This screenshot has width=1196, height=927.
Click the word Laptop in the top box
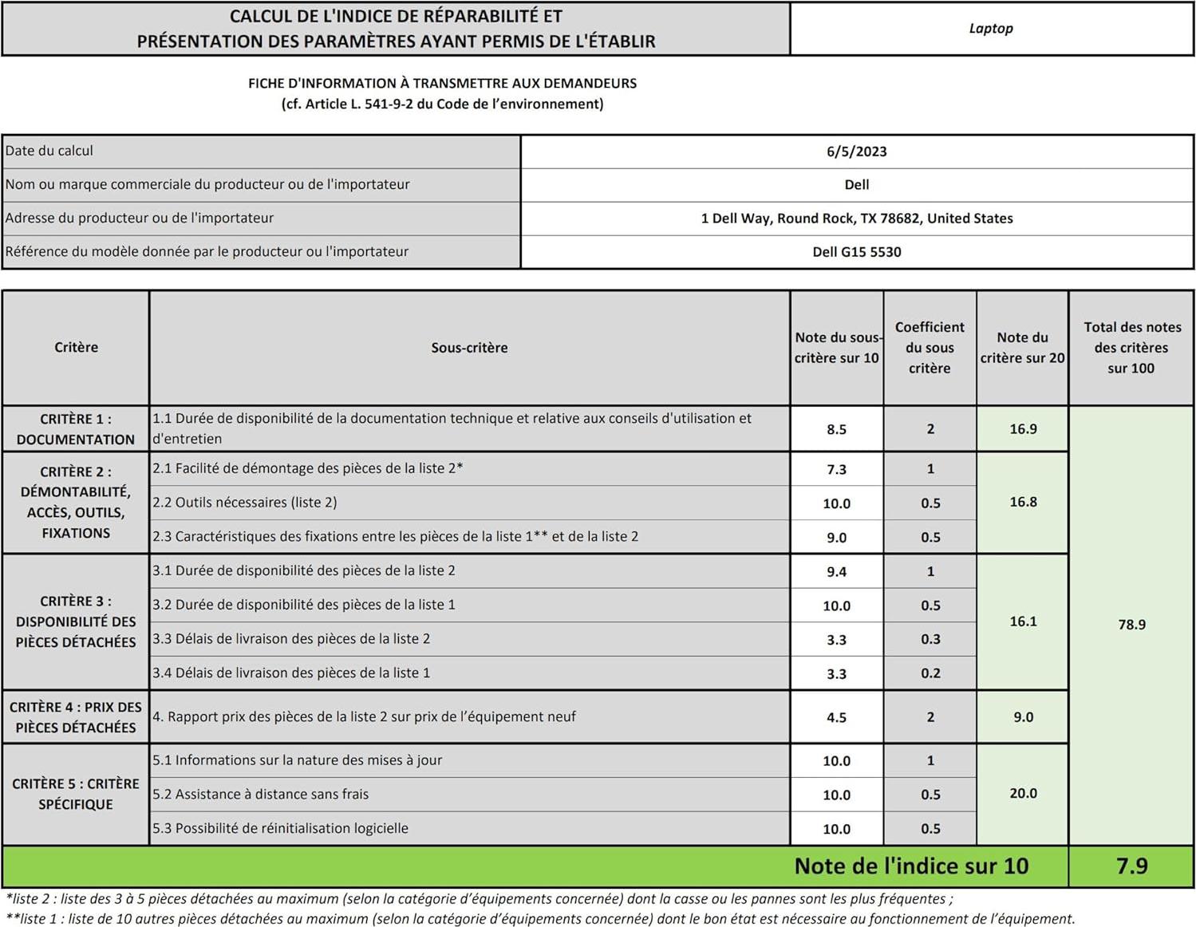991,29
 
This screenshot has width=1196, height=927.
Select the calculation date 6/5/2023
856,152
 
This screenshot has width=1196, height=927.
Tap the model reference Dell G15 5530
856,252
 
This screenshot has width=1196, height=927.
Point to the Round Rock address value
856,219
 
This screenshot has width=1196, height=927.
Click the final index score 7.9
1131,866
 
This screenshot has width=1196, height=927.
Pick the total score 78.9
1131,625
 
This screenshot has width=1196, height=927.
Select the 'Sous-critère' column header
469,348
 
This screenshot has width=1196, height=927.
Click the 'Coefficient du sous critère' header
930,348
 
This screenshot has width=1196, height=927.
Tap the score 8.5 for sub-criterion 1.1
836,429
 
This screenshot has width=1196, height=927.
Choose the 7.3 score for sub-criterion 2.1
836,470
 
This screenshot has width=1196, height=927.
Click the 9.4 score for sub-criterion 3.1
836,572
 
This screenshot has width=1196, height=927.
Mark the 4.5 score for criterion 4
836,718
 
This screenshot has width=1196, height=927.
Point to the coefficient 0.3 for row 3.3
930,640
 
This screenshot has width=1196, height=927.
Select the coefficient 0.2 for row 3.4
930,673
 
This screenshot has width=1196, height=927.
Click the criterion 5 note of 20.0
1023,794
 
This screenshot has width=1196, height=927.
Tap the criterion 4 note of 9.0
1023,718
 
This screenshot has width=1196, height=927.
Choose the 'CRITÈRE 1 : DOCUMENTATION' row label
76,429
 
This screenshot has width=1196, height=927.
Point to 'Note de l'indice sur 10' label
911,866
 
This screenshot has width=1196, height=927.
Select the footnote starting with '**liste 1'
539,919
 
